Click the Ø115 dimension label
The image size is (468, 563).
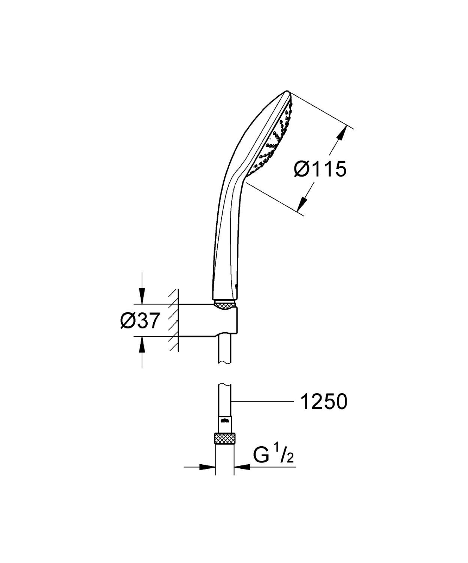(320, 169)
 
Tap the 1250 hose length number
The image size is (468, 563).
(324, 402)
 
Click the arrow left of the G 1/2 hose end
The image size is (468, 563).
(207, 467)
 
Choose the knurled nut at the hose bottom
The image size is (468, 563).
(225, 439)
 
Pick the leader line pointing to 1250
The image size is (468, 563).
(262, 402)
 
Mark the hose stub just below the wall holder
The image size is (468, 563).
(224, 351)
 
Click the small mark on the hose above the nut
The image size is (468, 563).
(224, 420)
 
